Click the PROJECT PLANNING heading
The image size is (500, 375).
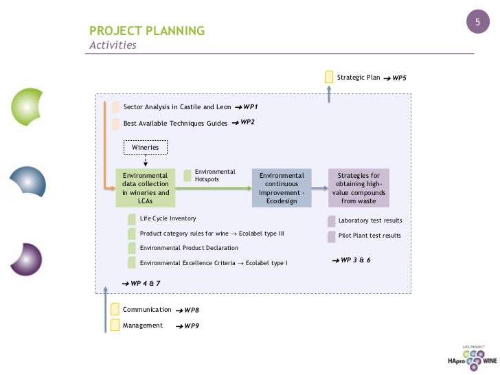pos(147,31)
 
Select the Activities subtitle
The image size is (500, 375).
pos(113,45)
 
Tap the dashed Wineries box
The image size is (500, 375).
pos(145,147)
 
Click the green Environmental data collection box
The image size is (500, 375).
pos(145,187)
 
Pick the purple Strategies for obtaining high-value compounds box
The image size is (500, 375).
pos(359,187)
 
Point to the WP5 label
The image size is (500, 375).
pos(399,79)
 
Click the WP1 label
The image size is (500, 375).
pos(249,108)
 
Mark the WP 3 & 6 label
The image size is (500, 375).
pos(355,261)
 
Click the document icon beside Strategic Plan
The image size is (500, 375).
pos(330,77)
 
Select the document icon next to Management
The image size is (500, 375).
pos(115,326)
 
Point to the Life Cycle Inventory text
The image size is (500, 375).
pos(168,218)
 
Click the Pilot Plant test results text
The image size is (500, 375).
pos(370,236)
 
